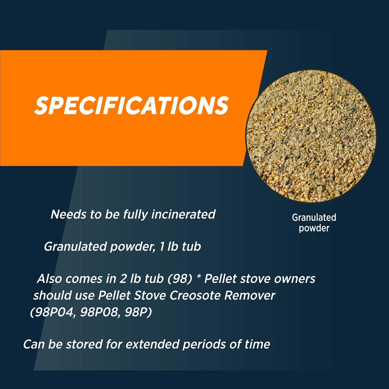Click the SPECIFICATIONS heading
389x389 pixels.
tap(131, 105)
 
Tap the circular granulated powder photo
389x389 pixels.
tap(311, 136)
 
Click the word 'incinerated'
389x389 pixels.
tap(183, 215)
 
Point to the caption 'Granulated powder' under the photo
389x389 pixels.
tap(314, 223)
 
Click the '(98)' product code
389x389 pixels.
tap(180, 279)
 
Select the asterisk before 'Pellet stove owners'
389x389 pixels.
tap(198, 277)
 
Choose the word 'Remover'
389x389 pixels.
tap(250, 295)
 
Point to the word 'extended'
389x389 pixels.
tap(152, 344)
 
